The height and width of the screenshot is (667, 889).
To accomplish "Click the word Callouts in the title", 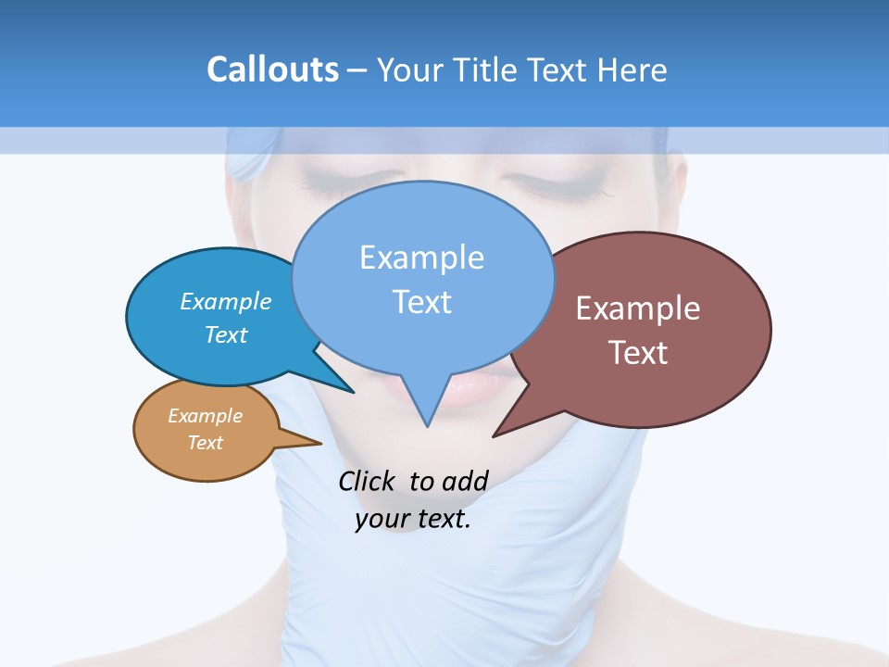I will (x=272, y=69).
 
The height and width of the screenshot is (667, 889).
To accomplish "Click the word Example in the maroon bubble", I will (x=638, y=308).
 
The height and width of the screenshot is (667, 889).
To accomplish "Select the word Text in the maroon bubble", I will (x=638, y=352).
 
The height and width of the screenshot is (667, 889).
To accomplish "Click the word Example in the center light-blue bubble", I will (x=421, y=257).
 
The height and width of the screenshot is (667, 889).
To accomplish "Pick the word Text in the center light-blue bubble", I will (x=421, y=301).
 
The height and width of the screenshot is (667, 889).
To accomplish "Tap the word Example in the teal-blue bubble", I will (x=226, y=301).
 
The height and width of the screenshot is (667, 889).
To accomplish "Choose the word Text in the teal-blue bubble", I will (x=226, y=334).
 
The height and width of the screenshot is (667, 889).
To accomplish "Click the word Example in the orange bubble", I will (x=205, y=416).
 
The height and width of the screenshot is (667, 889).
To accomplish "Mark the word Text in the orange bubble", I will (x=205, y=443).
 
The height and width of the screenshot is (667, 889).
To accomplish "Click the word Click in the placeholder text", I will (x=366, y=481).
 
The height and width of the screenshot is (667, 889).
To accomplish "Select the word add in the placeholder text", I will (x=464, y=481).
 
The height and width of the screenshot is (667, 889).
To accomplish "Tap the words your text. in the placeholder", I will (x=413, y=519).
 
